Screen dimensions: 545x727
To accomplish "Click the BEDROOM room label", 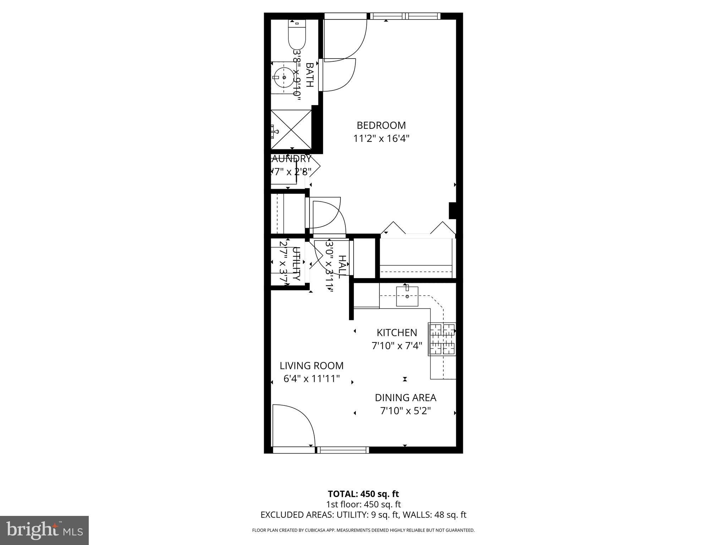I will click(x=381, y=125).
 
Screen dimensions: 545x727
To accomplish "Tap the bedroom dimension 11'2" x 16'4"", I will click(x=381, y=138).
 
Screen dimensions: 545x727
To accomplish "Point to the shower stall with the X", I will click(x=291, y=130).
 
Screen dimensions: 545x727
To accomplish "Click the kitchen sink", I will click(x=407, y=296).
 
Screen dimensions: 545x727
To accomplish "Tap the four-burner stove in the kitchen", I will click(x=442, y=339).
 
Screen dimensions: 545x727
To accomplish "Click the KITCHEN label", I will click(x=397, y=332).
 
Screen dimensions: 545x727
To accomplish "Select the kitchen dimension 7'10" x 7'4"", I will click(x=397, y=346).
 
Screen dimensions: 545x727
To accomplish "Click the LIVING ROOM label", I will click(x=311, y=365).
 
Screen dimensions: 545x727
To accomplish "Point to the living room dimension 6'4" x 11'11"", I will click(x=311, y=379).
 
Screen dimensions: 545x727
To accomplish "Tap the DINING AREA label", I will click(x=405, y=398).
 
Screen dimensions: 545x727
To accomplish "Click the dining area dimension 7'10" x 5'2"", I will click(x=405, y=411).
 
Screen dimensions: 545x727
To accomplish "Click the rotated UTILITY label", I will click(x=296, y=264).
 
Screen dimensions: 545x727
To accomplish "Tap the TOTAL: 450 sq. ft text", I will click(x=363, y=494).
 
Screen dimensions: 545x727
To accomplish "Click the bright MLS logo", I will click(x=44, y=530).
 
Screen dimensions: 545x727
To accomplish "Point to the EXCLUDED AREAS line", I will click(x=363, y=515).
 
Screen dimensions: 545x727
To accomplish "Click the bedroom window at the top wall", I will click(x=405, y=16).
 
